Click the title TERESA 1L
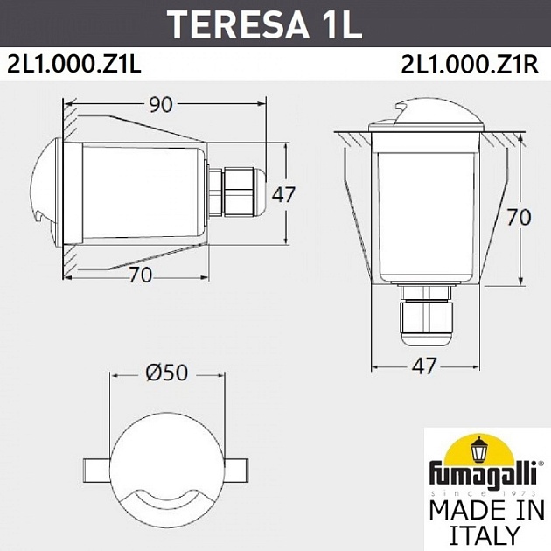click(x=264, y=24)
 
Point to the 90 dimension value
click(x=160, y=105)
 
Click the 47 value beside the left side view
click(x=283, y=194)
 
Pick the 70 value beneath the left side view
click(x=141, y=275)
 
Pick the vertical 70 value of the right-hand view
click(x=519, y=217)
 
